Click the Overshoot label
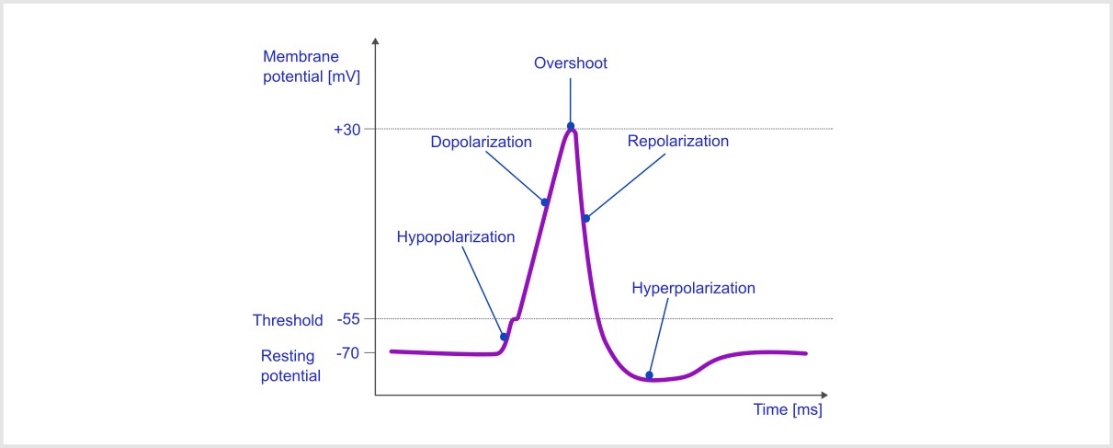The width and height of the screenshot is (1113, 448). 571,63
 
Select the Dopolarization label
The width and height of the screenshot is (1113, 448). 481,143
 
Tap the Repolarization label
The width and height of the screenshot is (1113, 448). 677,142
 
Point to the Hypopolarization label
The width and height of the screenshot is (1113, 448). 455,237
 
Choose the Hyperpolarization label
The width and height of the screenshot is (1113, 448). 693,288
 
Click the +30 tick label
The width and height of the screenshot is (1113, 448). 346,130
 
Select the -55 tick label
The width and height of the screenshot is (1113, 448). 347,320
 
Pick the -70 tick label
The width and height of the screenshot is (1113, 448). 347,352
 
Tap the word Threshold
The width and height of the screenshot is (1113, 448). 288,321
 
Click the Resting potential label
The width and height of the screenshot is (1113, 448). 289,365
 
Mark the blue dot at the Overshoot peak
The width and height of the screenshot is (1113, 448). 571,126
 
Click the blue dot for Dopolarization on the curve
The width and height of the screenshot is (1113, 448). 545,202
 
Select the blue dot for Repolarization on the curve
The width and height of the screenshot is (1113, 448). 585,218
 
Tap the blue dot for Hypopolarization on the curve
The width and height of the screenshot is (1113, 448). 504,337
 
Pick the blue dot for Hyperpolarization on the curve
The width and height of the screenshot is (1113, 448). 650,374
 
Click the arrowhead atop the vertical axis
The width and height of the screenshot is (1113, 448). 375,43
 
